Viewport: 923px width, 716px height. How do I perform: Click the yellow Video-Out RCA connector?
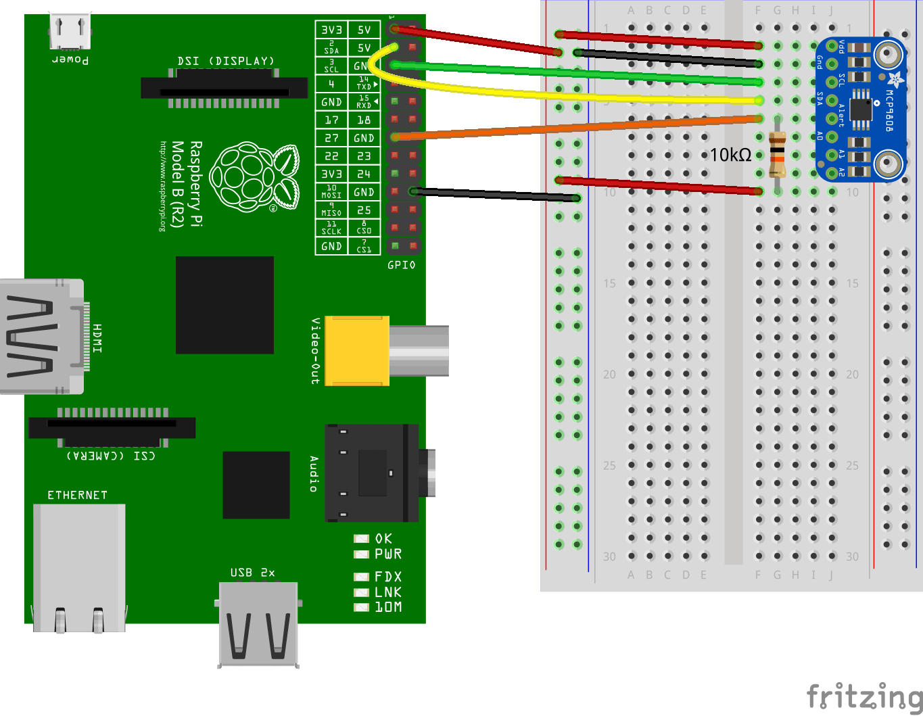pos(357,350)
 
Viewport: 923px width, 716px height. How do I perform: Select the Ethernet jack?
pos(79,567)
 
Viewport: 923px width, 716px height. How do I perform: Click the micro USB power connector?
pos(70,31)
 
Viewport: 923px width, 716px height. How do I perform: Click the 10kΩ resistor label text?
pos(730,156)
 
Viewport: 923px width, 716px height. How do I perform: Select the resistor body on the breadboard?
pos(778,154)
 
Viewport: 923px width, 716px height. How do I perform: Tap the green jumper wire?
pos(575,73)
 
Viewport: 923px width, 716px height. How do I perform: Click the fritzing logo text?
pos(864,696)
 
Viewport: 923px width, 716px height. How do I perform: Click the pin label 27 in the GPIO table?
pos(331,138)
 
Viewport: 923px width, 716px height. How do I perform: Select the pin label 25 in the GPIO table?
pos(364,210)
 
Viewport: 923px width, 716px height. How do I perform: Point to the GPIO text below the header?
pos(402,265)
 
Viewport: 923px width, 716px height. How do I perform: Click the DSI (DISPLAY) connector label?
pos(226,62)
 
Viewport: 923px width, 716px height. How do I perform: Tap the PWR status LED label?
pos(388,554)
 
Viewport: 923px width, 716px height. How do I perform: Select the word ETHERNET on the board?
pos(77,496)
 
